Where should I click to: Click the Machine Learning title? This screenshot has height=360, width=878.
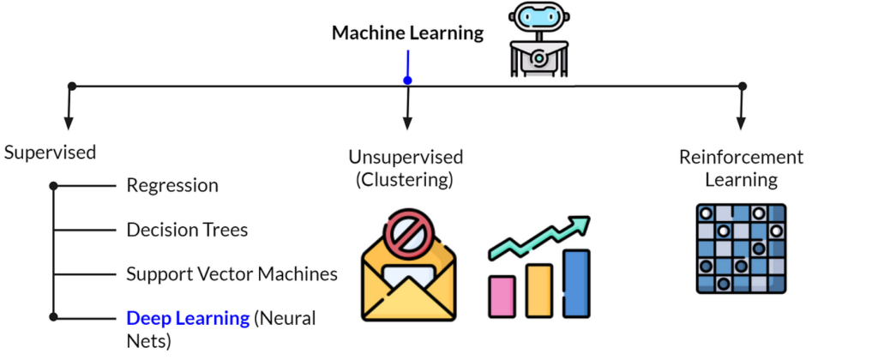(407, 33)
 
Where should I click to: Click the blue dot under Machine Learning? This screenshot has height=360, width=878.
(408, 81)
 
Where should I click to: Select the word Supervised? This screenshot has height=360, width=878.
(50, 153)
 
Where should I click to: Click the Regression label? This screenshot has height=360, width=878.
(172, 185)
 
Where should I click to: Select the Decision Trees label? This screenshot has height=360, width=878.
(187, 230)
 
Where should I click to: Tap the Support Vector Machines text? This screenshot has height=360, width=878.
(232, 274)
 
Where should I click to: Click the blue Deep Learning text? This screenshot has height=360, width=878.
(188, 318)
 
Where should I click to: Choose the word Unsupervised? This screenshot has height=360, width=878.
(406, 157)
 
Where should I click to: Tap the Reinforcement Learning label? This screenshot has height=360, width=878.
(741, 168)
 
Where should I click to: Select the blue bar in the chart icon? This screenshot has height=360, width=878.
(576, 282)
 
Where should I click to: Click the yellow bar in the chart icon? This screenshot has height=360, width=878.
(538, 289)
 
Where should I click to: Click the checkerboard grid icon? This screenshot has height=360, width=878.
(741, 249)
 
